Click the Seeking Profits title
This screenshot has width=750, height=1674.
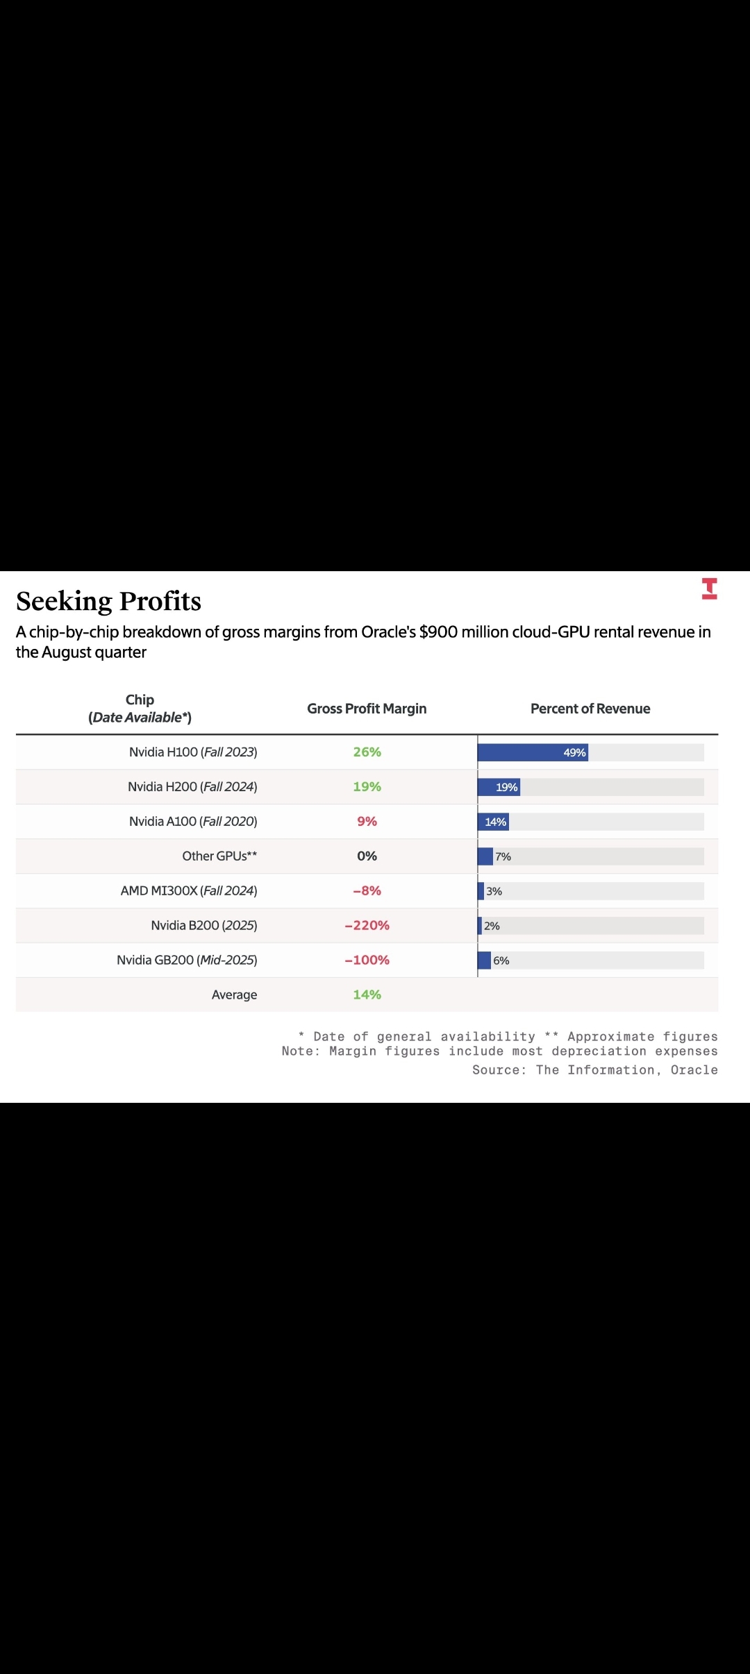108,601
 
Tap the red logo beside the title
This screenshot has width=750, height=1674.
709,589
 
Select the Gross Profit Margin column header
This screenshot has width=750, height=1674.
367,709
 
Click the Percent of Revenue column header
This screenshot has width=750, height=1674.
590,709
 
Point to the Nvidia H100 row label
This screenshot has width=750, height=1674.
193,752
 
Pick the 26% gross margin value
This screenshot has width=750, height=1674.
367,752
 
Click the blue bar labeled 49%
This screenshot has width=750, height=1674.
533,752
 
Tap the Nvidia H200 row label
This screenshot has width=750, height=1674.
192,787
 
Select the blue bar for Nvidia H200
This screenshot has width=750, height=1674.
499,787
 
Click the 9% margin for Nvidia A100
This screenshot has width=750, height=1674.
367,822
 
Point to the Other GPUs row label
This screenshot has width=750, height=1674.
219,856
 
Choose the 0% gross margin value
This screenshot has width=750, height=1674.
367,856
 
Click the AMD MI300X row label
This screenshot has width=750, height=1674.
189,891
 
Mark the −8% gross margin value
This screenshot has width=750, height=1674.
367,891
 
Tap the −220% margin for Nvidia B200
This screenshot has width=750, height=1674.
367,926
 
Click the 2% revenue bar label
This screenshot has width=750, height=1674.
492,926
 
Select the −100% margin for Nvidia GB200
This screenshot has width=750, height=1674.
367,961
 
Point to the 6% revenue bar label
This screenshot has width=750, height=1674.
501,961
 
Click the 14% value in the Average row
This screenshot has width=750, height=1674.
367,995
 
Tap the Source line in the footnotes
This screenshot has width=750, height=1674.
594,1070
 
